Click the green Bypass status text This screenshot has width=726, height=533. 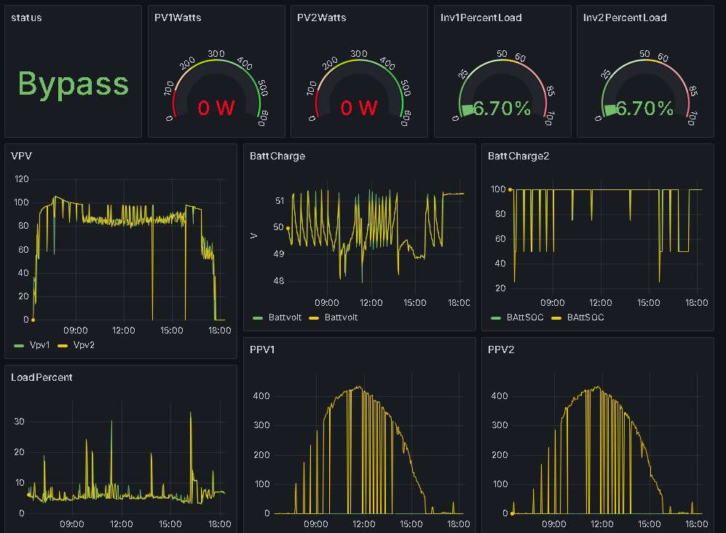[73, 84]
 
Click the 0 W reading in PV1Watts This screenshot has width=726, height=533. [216, 108]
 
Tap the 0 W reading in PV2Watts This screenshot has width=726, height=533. [359, 108]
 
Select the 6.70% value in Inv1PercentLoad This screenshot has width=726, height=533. [502, 108]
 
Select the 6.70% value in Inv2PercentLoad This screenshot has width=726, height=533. [644, 108]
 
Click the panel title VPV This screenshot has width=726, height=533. [21, 155]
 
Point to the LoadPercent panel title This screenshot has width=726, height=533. [42, 377]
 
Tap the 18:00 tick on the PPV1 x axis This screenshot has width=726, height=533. [458, 524]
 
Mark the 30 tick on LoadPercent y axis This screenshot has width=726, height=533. [20, 422]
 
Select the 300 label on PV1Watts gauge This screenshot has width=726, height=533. [216, 54]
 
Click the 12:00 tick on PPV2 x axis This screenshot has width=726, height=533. [601, 524]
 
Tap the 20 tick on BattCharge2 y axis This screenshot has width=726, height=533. [500, 288]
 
